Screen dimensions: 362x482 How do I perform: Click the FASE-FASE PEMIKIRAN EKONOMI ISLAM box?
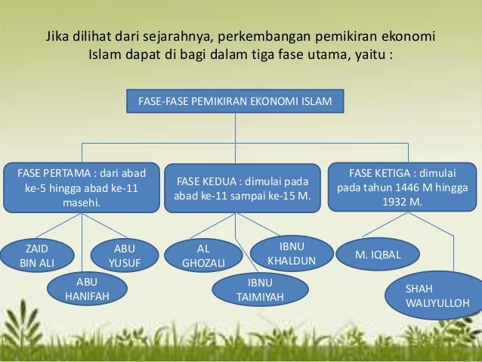click(235, 100)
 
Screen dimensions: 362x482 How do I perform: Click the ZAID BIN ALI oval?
click(37, 255)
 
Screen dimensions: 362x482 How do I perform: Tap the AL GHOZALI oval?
click(203, 255)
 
